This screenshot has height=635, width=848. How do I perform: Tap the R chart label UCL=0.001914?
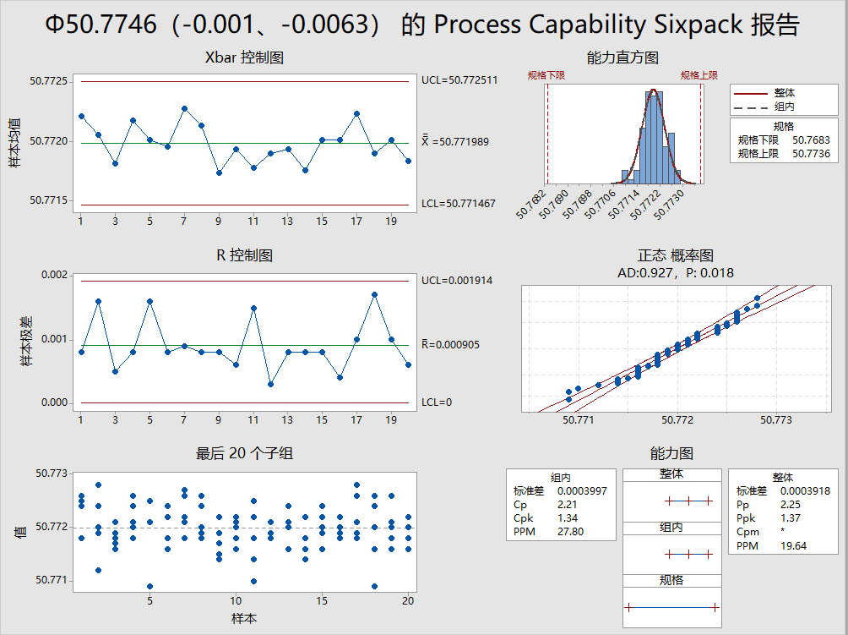pyautogui.click(x=456, y=281)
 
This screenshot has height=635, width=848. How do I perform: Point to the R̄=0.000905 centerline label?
pyautogui.click(x=456, y=345)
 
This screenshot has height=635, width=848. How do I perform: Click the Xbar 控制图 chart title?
pyautogui.click(x=244, y=58)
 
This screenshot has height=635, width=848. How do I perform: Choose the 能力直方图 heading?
pyautogui.click(x=622, y=58)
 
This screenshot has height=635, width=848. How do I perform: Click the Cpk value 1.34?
pyautogui.click(x=568, y=518)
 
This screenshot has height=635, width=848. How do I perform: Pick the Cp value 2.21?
pyautogui.click(x=568, y=505)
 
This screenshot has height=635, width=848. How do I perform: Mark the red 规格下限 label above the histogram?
pyautogui.click(x=547, y=75)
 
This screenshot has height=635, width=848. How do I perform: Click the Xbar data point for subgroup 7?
pyautogui.click(x=185, y=108)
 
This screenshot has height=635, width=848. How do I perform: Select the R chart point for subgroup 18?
pyautogui.click(x=374, y=294)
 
